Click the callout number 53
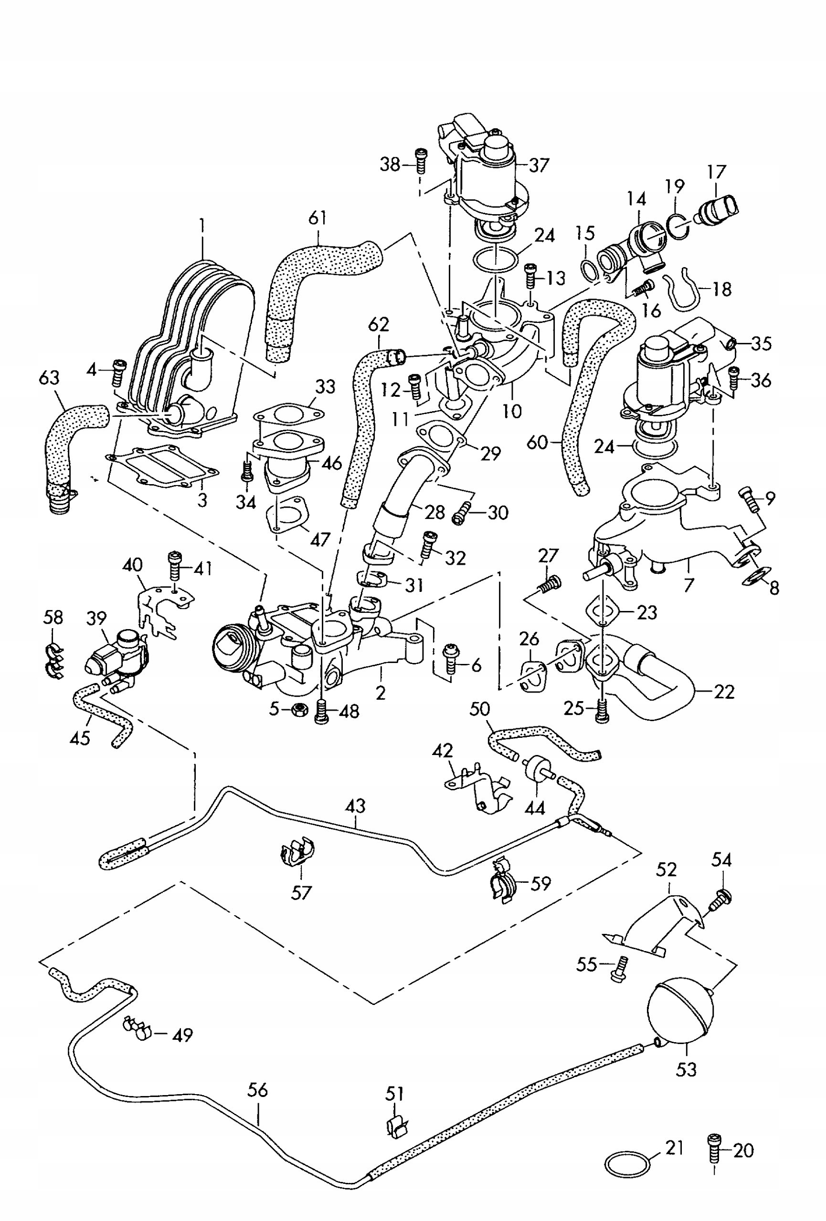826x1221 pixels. click(686, 1069)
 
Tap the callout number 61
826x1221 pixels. click(318, 218)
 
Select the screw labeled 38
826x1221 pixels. click(420, 160)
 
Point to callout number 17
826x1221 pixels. click(716, 172)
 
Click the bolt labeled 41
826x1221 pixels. click(175, 566)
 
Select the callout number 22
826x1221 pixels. click(723, 692)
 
